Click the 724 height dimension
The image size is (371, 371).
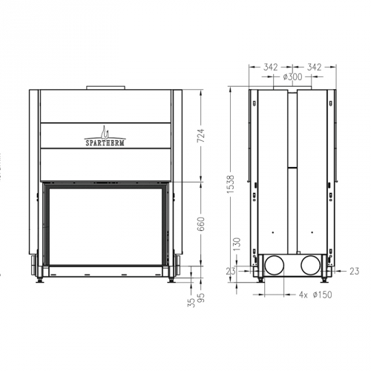click(201, 136)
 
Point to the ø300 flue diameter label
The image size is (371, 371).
click(291, 76)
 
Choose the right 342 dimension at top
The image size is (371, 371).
click(315, 67)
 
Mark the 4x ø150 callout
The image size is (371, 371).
click(307, 295)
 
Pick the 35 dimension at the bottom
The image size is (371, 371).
click(190, 301)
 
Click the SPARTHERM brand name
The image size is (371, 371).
click(105, 138)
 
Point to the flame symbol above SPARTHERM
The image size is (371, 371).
click(106, 131)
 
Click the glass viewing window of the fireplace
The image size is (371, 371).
click(105, 226)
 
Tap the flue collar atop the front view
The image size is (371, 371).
click(105, 89)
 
